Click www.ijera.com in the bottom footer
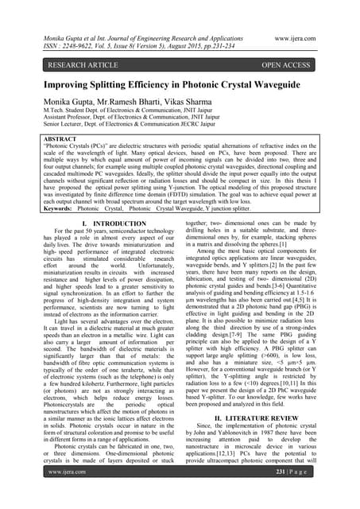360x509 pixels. point(54,493)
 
